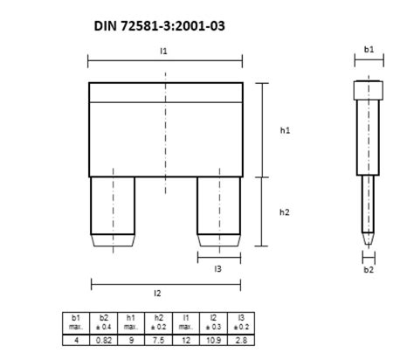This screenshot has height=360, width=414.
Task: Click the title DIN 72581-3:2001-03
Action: [x=159, y=26]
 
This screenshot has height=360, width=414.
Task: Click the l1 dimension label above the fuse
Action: [x=163, y=51]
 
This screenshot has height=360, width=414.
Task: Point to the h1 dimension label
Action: [x=285, y=130]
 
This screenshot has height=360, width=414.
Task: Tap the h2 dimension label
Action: [x=285, y=212]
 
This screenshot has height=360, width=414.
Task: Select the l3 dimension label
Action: [x=217, y=269]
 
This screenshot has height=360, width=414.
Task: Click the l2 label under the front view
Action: [x=157, y=294]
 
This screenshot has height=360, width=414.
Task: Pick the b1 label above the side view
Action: [x=369, y=50]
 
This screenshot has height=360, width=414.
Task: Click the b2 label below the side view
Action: [x=369, y=270]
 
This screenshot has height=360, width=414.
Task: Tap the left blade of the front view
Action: [x=113, y=211]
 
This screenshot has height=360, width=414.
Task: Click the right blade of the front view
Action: [x=219, y=211]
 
